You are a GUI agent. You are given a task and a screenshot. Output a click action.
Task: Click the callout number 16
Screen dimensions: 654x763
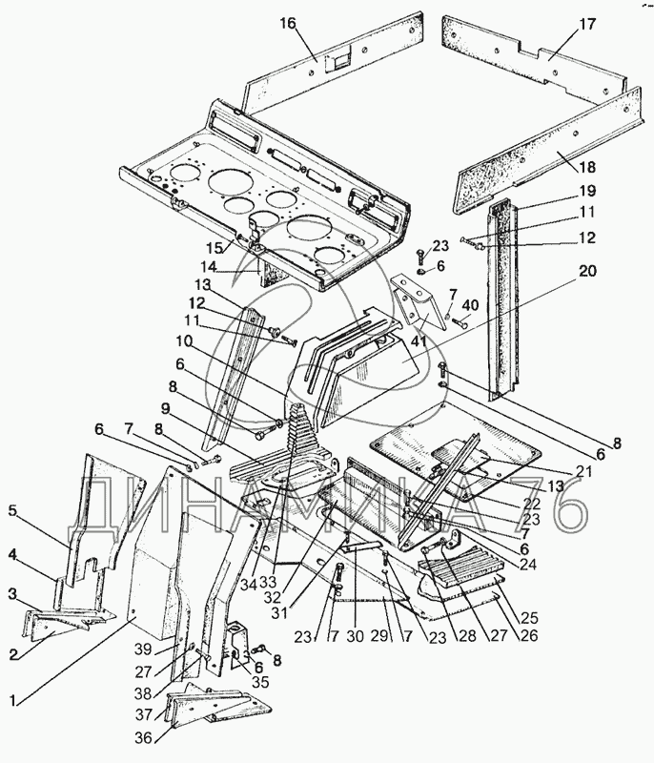click(x=288, y=24)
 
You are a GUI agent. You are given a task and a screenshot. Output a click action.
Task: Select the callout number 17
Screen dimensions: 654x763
click(x=587, y=24)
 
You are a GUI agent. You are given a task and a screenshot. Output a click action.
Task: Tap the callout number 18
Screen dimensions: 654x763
click(x=587, y=168)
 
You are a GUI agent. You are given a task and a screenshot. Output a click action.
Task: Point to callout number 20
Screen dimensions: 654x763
click(x=587, y=271)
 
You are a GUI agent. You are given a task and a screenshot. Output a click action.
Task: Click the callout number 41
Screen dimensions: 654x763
click(x=419, y=341)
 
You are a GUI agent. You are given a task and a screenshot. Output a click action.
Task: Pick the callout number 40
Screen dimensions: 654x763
click(x=470, y=305)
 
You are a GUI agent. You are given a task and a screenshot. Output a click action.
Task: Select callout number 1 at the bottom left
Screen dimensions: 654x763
click(x=13, y=701)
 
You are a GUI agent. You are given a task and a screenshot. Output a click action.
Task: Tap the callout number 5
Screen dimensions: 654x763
click(x=13, y=511)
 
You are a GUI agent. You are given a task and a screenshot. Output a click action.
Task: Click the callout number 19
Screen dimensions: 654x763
click(x=587, y=191)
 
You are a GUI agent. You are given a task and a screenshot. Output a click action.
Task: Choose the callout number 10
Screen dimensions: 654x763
click(x=184, y=341)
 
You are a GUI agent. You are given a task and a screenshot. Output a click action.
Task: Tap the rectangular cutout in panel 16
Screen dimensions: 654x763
click(x=337, y=62)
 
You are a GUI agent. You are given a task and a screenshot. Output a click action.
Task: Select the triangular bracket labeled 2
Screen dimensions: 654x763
click(x=54, y=629)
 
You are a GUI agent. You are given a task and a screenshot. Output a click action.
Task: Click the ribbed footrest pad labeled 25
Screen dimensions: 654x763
click(x=460, y=569)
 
